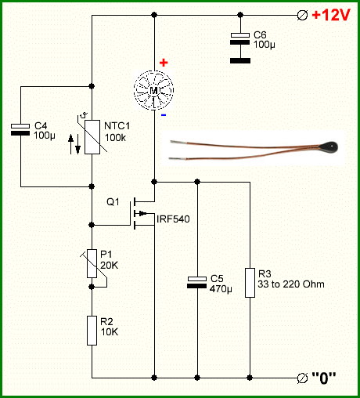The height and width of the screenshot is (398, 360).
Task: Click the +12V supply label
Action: (x=331, y=15)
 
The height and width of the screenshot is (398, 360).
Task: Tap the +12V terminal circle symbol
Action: (x=302, y=15)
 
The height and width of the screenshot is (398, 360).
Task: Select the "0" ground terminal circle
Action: (x=302, y=378)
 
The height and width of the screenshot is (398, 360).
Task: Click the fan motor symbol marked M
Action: (x=154, y=90)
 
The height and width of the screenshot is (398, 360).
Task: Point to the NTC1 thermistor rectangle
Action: (x=92, y=137)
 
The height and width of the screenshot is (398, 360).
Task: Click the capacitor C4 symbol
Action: (x=20, y=129)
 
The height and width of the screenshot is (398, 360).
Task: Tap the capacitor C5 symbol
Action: (x=197, y=282)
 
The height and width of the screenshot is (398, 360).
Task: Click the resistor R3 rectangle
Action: (x=250, y=283)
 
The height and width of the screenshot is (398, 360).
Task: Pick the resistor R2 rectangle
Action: (x=92, y=331)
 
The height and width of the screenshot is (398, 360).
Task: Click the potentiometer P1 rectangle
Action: (x=92, y=263)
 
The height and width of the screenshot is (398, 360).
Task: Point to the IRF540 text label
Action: (x=173, y=219)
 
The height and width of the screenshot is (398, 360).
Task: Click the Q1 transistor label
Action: (x=113, y=201)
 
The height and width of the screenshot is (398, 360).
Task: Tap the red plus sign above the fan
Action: (x=164, y=63)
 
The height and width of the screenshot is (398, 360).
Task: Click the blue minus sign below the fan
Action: (x=164, y=115)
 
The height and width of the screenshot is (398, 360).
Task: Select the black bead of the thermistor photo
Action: (x=329, y=147)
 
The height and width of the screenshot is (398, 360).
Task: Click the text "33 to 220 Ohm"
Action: (x=291, y=284)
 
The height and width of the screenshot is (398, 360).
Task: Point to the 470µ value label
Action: (x=221, y=289)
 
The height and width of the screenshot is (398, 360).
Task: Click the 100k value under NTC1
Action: (x=115, y=137)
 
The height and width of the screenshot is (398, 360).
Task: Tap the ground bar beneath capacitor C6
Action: (x=240, y=60)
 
